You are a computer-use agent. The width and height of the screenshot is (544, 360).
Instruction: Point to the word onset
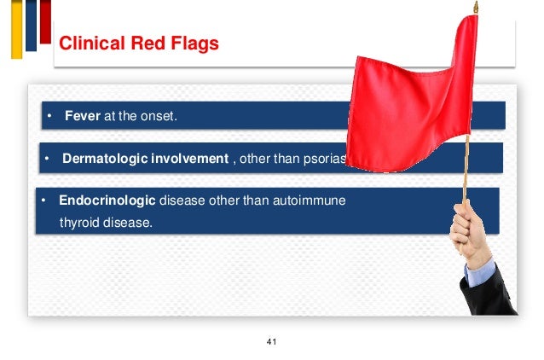pos(159,116)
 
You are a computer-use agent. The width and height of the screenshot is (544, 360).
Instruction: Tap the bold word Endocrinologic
pos(107,202)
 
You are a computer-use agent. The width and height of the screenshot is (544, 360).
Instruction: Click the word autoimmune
pos(315,202)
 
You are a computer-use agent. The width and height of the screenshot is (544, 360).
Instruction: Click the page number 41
pos(272,342)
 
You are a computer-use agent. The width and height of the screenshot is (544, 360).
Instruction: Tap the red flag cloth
pos(409,94)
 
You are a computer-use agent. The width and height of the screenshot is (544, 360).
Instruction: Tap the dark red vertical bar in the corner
pos(45,21)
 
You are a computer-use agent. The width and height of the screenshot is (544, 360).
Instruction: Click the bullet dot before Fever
pos(50,116)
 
